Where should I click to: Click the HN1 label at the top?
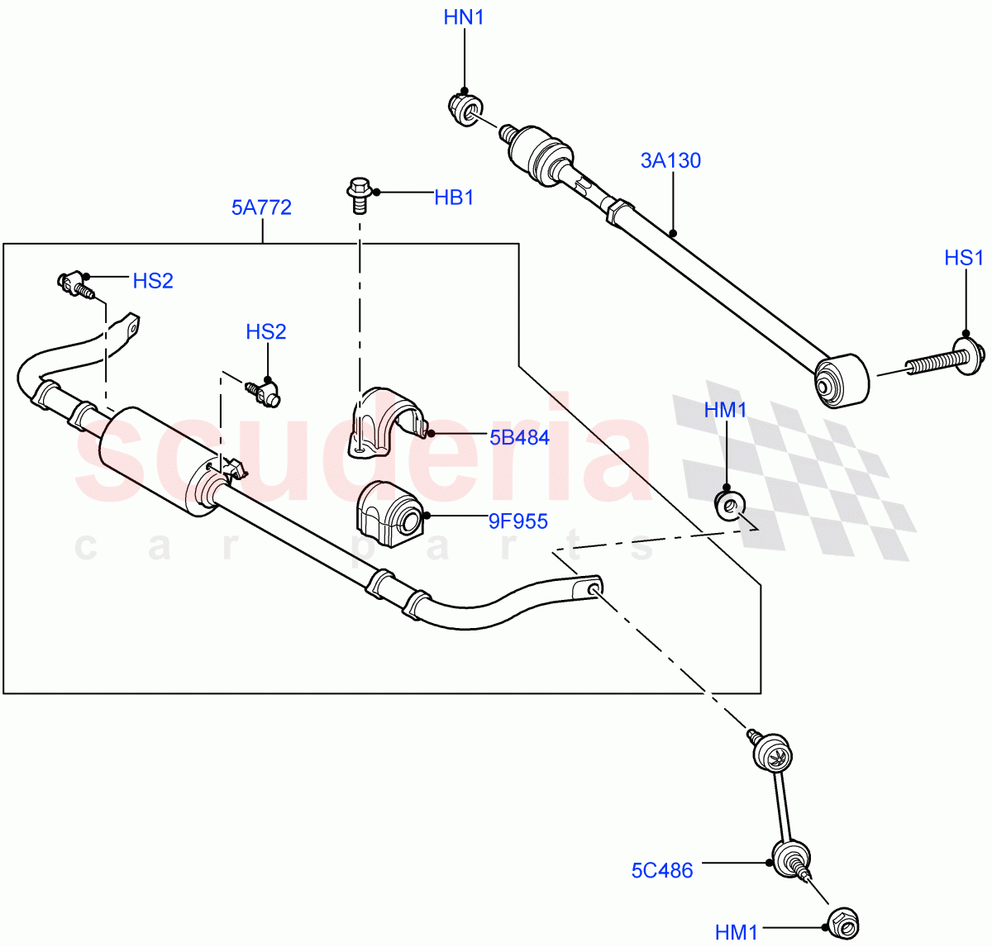(464, 17)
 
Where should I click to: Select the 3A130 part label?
(670, 160)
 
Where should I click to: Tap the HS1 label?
(964, 258)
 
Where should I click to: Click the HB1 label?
(454, 197)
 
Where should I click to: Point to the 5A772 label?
(261, 207)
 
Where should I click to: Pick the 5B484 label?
(519, 437)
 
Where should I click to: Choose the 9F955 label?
(517, 521)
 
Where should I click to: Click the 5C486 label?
(662, 870)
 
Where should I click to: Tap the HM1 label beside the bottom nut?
(737, 932)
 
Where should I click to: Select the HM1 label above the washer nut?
(726, 410)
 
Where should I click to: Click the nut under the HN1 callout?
(465, 109)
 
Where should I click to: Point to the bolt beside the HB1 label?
(358, 192)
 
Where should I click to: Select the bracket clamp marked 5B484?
(384, 419)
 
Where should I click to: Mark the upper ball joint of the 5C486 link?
(774, 753)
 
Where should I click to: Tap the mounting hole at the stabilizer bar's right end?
(593, 588)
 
